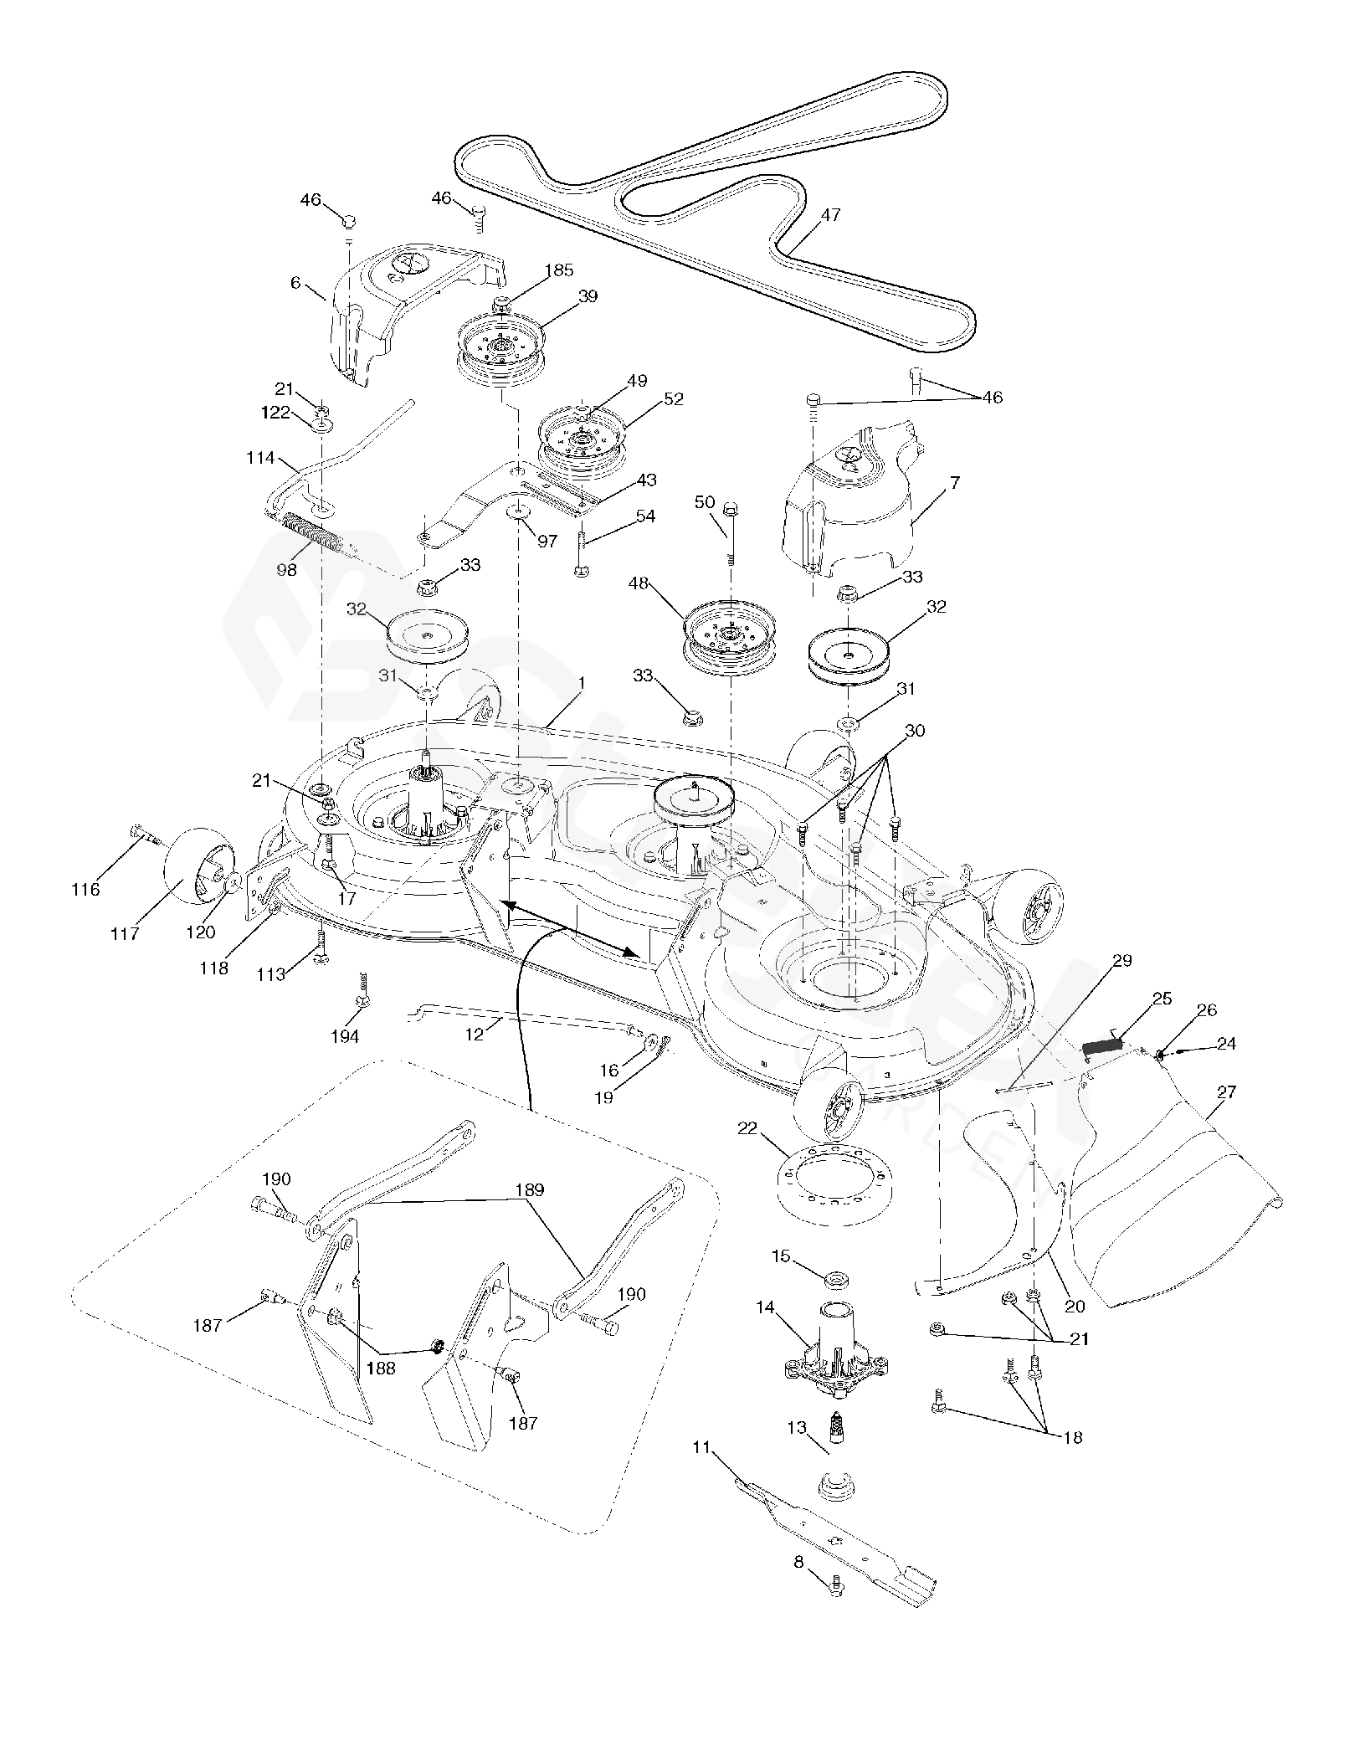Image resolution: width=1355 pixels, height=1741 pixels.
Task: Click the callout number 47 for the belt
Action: [x=830, y=215]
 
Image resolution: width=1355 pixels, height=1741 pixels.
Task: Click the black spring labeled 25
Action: [x=1102, y=1045]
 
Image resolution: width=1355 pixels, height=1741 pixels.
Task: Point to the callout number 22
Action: [x=747, y=1129]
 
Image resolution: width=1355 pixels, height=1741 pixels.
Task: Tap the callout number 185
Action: [x=559, y=270]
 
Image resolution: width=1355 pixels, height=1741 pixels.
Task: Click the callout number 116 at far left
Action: [x=85, y=889]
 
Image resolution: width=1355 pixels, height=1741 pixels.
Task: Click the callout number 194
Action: [x=345, y=1036]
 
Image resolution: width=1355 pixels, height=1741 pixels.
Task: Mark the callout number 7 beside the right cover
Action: [x=955, y=482]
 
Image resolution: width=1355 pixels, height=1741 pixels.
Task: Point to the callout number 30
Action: [x=916, y=730]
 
